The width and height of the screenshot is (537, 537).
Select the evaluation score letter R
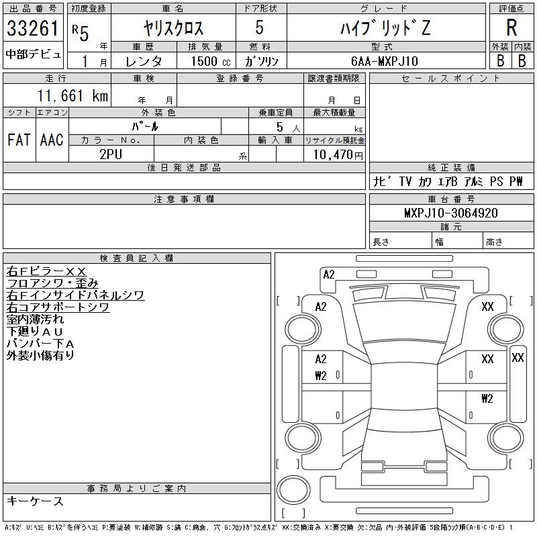tap(511, 28)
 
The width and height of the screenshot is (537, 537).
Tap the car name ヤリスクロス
tap(173, 28)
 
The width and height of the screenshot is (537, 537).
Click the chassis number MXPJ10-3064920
tap(450, 213)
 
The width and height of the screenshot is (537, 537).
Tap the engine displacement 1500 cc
tap(205, 60)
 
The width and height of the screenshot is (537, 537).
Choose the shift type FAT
tap(19, 140)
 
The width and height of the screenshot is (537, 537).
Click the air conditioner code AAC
tap(52, 140)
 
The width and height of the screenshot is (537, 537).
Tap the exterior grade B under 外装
tap(500, 60)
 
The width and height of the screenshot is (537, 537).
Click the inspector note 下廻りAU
tap(34, 332)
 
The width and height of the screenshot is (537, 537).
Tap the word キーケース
tap(35, 501)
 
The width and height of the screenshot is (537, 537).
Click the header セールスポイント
tap(450, 79)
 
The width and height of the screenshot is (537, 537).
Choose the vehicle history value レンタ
tap(145, 60)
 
